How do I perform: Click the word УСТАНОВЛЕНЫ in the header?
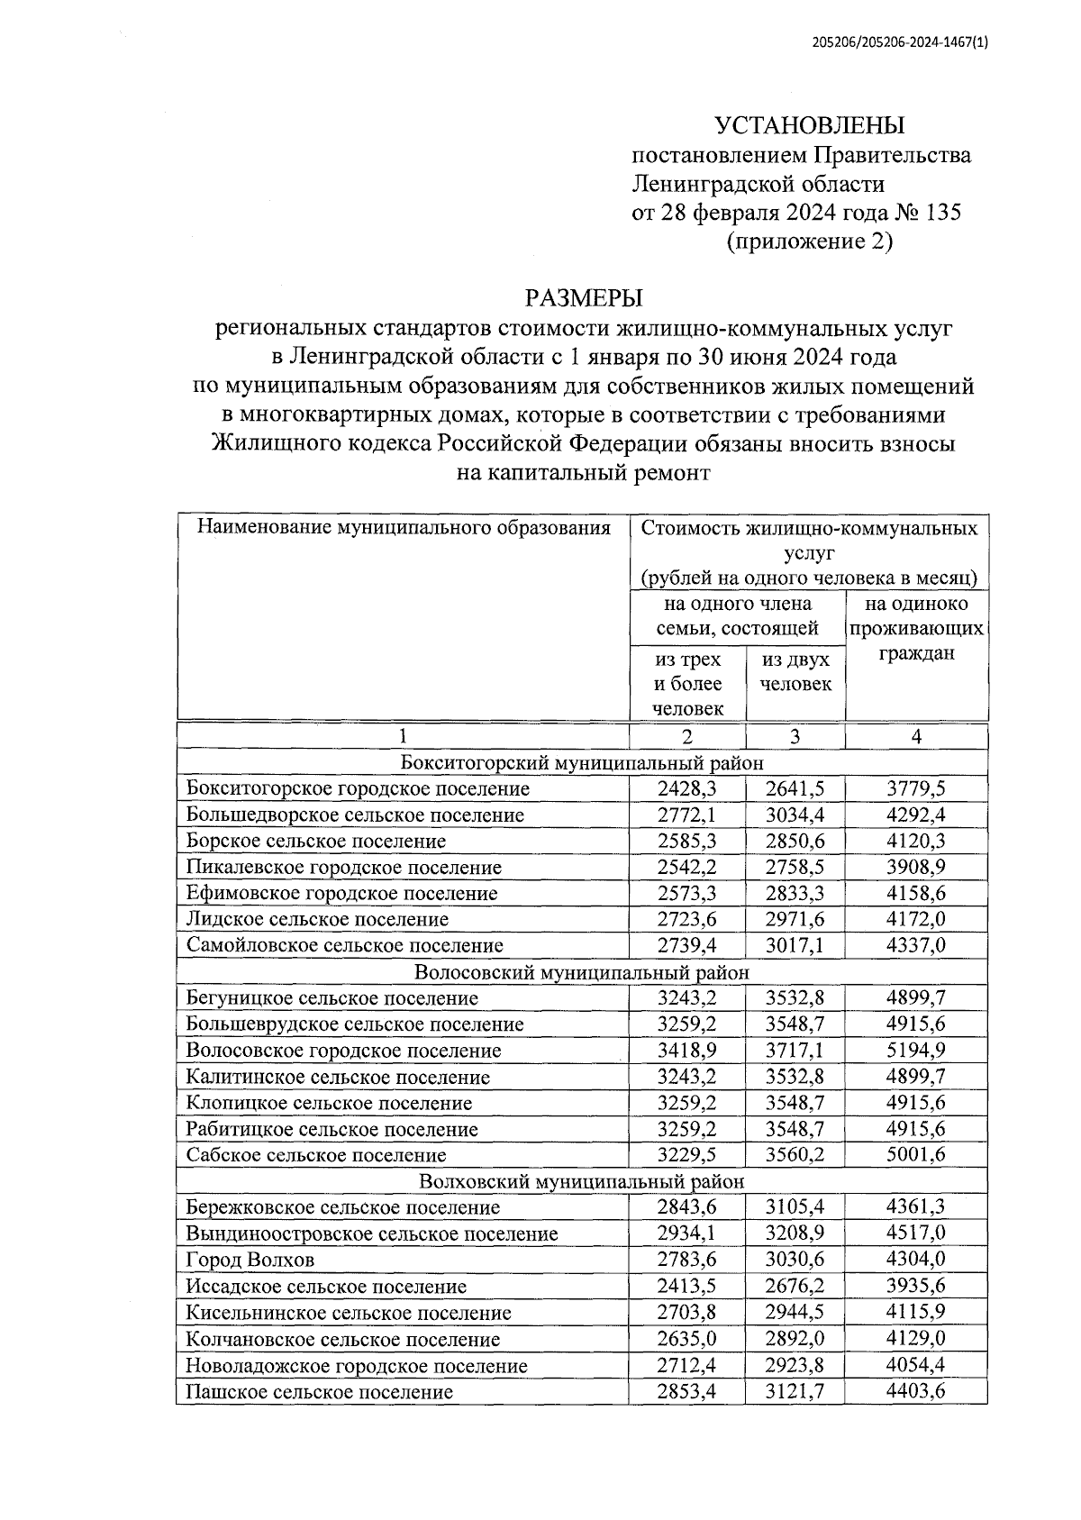809,125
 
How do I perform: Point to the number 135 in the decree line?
940,213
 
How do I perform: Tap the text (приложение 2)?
809,241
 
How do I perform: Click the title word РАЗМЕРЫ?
584,297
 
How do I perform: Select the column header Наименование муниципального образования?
404,528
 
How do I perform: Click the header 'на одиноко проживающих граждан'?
916,628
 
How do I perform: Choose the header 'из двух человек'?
795,671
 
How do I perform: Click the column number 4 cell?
916,736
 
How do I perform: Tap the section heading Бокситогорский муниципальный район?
582,762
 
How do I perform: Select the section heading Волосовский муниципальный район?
582,972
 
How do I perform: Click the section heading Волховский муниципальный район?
582,1181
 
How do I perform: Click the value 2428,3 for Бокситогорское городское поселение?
687,788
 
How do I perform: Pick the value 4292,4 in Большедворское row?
916,815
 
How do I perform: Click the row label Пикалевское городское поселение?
343,868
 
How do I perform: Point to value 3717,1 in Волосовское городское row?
795,1051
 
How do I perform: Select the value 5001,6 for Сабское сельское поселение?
916,1155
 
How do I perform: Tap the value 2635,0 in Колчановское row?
687,1339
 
